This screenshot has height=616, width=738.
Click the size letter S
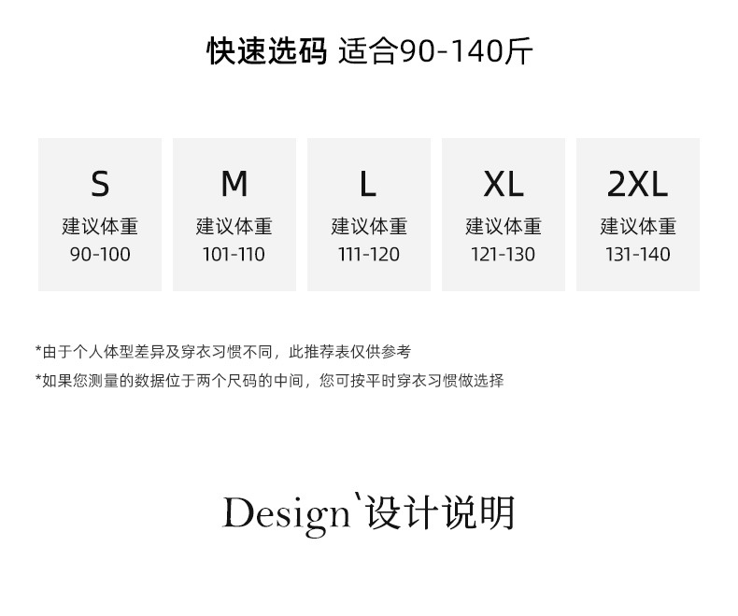coord(100,185)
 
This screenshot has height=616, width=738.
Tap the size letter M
coord(234,185)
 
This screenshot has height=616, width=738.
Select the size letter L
coord(368,185)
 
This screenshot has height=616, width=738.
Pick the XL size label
coord(504,185)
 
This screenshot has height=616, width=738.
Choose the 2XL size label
coord(638,185)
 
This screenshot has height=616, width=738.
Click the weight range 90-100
coord(100,254)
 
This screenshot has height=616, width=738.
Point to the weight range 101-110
coord(234,254)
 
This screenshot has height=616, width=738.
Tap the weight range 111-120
coord(369,254)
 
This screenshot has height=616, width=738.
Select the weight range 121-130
coord(504,254)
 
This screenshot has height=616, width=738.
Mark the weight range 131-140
coord(638,254)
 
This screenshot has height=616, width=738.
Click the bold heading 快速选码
coord(266,51)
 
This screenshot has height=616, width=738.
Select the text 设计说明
coord(440,513)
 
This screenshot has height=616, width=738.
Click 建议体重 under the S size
coord(100,226)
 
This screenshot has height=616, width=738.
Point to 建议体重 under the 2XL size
coord(638,226)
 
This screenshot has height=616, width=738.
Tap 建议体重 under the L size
coord(369,226)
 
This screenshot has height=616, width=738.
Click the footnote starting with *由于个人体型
coord(222,352)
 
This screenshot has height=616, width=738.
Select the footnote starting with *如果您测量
coord(269,380)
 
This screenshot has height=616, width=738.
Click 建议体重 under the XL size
coord(504,226)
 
